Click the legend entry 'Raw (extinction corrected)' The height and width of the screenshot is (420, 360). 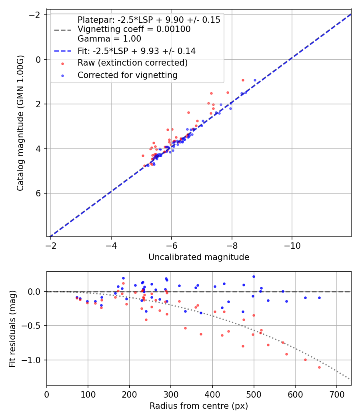pos(132,63)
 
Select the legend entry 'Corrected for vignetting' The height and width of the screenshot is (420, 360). pos(127,75)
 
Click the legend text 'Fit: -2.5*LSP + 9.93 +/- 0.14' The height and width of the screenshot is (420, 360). pos(136,51)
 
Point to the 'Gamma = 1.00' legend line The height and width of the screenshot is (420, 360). pos(109,39)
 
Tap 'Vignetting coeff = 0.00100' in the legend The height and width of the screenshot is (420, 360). pos(134,29)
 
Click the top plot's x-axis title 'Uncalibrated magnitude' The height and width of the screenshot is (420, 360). pos(199,257)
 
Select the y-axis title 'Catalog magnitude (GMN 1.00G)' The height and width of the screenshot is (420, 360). pos(21,123)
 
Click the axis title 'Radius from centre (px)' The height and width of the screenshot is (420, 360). pos(199,406)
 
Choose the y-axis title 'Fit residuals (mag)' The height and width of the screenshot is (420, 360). pos(13,328)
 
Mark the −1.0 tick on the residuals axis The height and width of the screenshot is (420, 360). pos(34,360)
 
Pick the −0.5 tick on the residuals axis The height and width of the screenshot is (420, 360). pos(34,326)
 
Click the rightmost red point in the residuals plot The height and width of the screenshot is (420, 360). pos(319,367)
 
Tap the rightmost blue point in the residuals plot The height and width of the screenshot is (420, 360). pos(319,298)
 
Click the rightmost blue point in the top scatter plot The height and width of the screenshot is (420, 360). pos(255,80)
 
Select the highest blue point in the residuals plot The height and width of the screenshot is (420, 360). pos(254,276)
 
